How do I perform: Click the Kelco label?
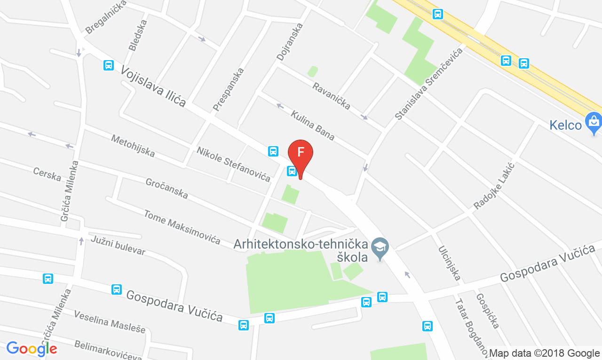click(566, 125)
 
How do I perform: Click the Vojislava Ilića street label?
click(153, 86)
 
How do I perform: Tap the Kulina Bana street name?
click(312, 125)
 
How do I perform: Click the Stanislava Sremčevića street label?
click(428, 84)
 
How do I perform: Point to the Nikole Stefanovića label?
click(233, 164)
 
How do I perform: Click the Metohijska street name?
click(133, 146)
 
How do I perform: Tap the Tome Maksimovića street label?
click(182, 227)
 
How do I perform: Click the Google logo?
click(32, 349)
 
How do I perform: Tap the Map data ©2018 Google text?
click(544, 353)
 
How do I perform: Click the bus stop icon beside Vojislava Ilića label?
click(109, 65)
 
